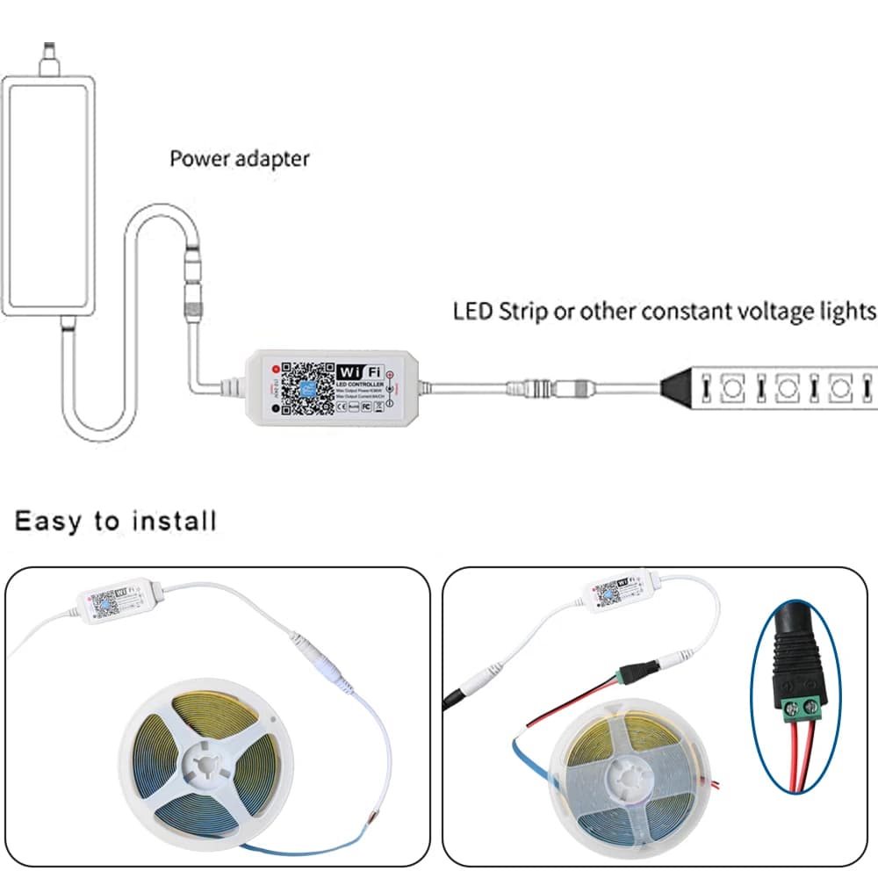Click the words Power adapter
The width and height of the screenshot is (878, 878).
pos(239,159)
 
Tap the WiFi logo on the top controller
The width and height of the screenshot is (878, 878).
pos(361,372)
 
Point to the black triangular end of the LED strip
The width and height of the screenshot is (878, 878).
pos(680,385)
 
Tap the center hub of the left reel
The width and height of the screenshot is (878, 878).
pos(203,760)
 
